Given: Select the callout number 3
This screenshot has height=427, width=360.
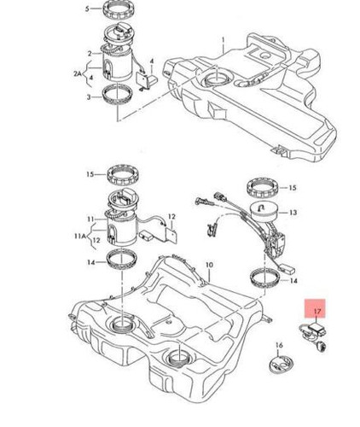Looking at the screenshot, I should click(x=88, y=98).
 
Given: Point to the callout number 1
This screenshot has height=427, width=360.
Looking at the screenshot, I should click(x=223, y=39).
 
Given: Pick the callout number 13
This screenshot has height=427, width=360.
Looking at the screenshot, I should click(x=293, y=213).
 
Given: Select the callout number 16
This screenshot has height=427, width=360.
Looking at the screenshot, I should click(x=278, y=347).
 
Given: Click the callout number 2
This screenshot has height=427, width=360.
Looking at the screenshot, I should click(x=88, y=53).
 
